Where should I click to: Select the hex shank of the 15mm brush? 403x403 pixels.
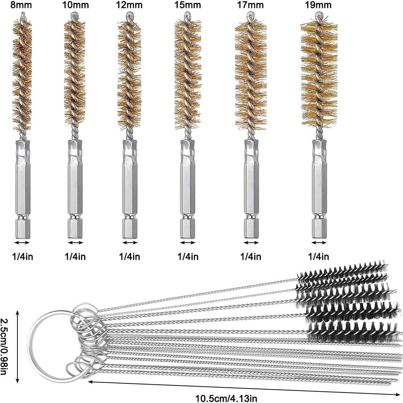click(187, 189)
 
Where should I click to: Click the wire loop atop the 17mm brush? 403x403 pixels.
click(250, 16)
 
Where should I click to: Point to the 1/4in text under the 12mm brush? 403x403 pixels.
click(130, 257)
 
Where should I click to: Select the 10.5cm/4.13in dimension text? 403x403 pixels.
click(227, 398)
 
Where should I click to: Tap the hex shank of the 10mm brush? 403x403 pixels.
click(75, 189)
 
